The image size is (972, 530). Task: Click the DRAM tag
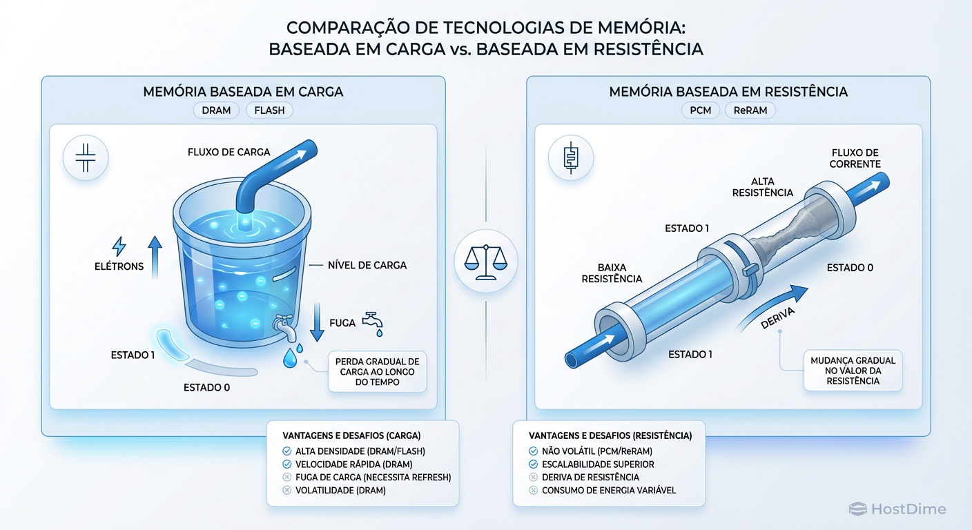(216, 110)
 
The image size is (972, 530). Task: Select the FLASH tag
(269, 110)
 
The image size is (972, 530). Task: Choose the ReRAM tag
(750, 110)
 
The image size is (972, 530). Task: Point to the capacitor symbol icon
(85, 158)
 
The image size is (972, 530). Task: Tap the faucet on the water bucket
(285, 326)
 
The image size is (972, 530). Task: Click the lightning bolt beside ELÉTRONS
(119, 246)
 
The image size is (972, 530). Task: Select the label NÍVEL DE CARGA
(367, 265)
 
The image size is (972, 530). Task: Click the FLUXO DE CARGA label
(229, 152)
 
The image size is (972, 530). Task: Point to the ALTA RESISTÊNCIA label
(762, 186)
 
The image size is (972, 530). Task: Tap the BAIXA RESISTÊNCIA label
(612, 273)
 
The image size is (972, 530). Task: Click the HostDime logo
(897, 509)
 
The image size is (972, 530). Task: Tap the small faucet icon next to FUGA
(373, 322)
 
